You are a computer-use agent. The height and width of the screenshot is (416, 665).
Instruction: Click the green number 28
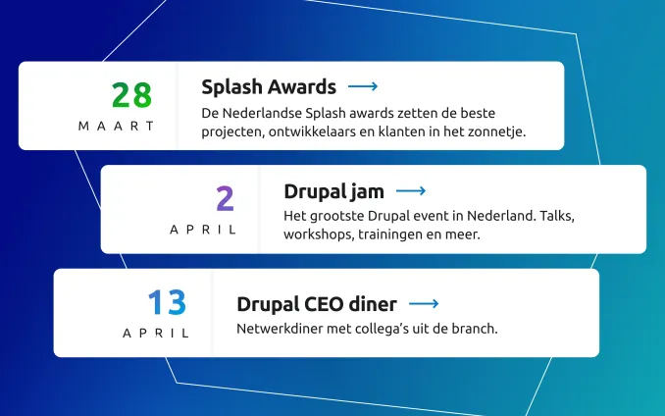(x=131, y=94)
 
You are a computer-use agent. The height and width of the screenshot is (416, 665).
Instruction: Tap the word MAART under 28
(x=118, y=126)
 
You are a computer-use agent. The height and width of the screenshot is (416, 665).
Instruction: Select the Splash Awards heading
(x=269, y=86)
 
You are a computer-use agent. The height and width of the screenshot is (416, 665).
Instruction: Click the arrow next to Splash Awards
(x=363, y=86)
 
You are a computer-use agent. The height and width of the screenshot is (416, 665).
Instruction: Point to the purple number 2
(x=226, y=198)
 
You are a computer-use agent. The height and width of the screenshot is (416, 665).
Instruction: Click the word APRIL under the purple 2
(x=203, y=230)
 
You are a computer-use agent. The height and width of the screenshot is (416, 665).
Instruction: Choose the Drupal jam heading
(x=333, y=190)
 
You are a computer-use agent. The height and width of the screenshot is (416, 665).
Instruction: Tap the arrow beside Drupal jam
(x=410, y=190)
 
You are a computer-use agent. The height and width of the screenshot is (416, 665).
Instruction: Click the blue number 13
(x=166, y=301)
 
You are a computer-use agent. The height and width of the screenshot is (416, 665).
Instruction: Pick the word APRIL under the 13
(x=156, y=333)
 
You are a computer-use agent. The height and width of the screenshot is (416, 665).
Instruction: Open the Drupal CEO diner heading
(x=316, y=304)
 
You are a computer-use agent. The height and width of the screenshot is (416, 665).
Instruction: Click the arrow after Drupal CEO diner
(x=423, y=304)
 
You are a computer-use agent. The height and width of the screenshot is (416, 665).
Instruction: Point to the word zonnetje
(x=498, y=131)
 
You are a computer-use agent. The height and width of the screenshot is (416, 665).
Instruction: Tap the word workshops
(x=318, y=235)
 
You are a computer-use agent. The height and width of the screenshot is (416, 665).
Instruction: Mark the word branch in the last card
(x=474, y=328)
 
